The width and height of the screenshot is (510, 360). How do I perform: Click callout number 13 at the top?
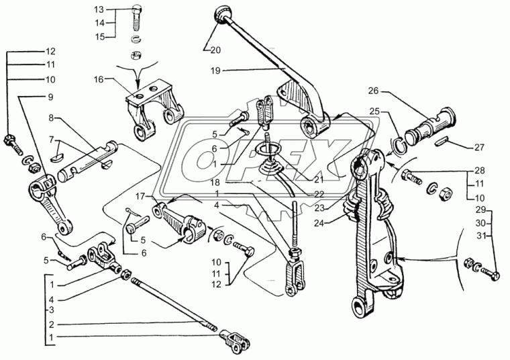100,10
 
